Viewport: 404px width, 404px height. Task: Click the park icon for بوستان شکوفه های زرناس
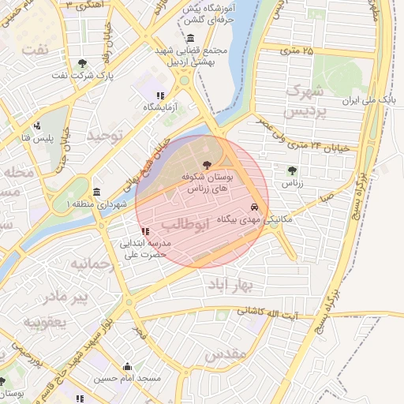208,166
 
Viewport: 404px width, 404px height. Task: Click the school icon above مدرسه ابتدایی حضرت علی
144,231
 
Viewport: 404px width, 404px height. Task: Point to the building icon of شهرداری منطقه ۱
96,193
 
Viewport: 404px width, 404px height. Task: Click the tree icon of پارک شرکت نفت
83,64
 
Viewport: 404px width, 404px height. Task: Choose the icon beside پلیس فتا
36,125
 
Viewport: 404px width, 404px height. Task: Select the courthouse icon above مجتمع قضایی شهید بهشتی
190,39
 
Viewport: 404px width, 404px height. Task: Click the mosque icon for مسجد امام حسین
128,366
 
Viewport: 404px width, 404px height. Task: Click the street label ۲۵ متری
297,51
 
